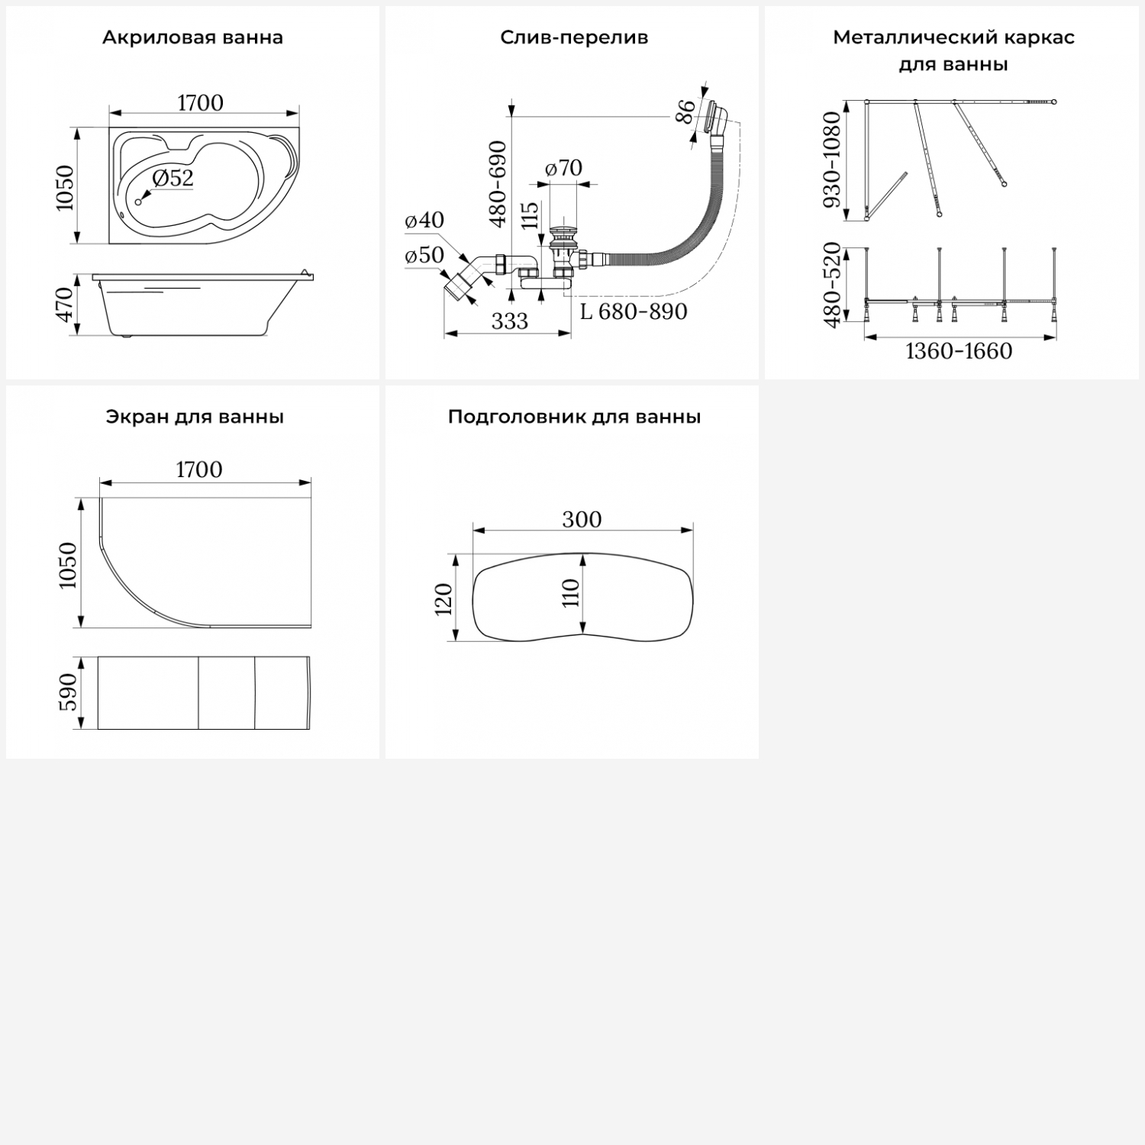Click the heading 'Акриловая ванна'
coord(192,37)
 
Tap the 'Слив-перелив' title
coord(574,37)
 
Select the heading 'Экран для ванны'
coord(195,417)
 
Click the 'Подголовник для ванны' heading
coord(574,417)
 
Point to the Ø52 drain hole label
coord(173,178)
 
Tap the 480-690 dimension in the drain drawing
coord(498,183)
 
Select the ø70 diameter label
coord(564,167)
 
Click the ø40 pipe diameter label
coord(424,220)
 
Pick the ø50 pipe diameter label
coord(424,255)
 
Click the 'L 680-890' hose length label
coord(634,311)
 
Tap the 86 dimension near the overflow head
coord(686,111)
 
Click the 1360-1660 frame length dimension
coord(959,351)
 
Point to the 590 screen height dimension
coord(68,692)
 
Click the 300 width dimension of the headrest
coord(582,519)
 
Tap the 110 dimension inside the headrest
coord(571,592)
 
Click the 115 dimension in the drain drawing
coord(530,217)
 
